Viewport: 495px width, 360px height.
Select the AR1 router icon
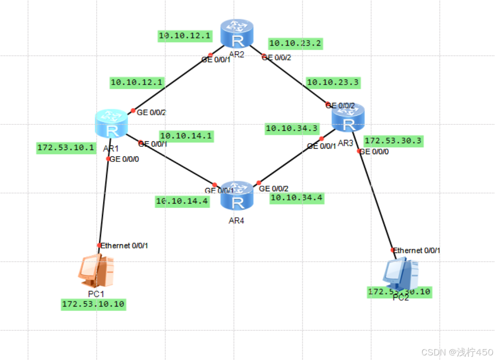tap(110, 124)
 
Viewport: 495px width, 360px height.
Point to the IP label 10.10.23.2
tap(295, 43)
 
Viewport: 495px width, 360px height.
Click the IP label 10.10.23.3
tap(333, 83)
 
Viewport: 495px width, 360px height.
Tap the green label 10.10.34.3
tap(292, 129)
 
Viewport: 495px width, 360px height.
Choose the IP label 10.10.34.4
tap(296, 198)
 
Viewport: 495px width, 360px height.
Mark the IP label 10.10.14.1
tap(186, 136)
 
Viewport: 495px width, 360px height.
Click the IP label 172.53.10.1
tap(66, 148)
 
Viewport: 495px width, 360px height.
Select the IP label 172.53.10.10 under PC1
tap(93, 304)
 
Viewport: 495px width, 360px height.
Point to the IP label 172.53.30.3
tap(393, 141)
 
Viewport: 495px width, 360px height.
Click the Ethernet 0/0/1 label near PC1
tap(124, 246)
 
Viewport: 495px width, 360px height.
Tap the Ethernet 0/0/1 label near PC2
tap(417, 250)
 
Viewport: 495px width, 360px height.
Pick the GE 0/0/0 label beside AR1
tap(125, 159)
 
